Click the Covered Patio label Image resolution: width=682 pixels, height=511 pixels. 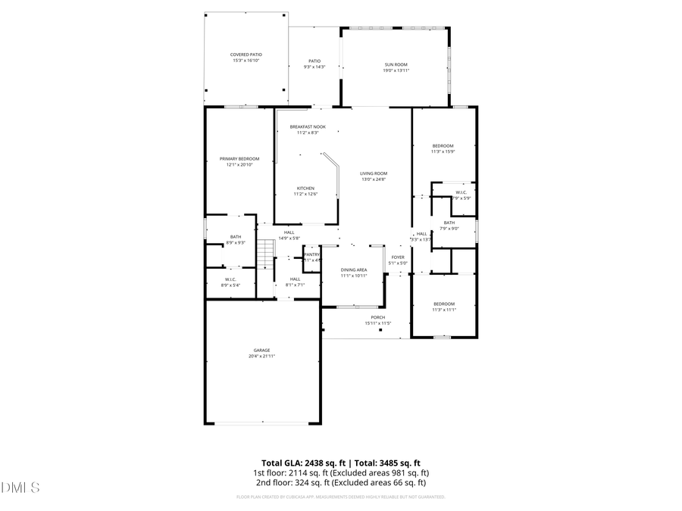[x=246, y=58]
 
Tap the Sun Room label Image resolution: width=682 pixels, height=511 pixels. [x=396, y=67]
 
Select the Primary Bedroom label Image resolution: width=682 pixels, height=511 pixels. [x=239, y=161]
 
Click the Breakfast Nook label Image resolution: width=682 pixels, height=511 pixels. [x=303, y=129]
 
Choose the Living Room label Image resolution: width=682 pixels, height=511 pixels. [x=374, y=176]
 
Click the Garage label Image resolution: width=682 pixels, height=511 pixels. [x=261, y=353]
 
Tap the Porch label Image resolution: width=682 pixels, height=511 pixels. [x=377, y=320]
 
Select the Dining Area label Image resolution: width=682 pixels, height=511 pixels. [x=354, y=273]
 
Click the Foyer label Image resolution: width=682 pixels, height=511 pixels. [x=398, y=260]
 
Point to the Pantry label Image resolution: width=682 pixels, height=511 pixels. [x=312, y=257]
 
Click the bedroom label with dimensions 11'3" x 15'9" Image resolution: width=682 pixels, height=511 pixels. [x=443, y=148]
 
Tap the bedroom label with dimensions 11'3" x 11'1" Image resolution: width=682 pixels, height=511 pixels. [x=443, y=306]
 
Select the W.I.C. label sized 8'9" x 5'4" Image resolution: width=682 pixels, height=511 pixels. [x=230, y=282]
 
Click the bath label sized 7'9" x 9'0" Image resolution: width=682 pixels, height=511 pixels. [x=449, y=225]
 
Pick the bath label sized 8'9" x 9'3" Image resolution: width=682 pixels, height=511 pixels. [x=236, y=239]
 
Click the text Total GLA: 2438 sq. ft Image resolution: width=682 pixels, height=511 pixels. [x=303, y=463]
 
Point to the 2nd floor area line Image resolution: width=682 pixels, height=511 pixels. [x=339, y=482]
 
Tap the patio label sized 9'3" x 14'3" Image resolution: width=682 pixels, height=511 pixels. [x=314, y=64]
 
